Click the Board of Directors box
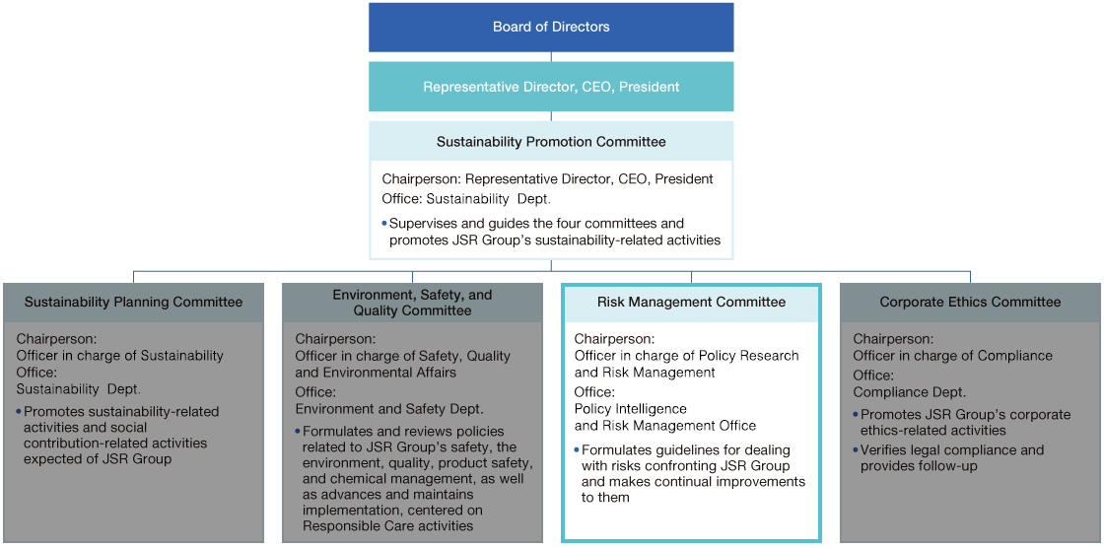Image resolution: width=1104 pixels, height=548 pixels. coord(551,27)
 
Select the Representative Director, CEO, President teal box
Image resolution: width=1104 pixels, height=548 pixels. coord(551,87)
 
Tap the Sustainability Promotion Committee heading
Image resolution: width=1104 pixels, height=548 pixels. coord(551,142)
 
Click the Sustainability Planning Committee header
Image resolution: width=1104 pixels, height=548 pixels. coord(133,303)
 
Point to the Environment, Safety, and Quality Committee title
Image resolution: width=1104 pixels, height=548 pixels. coord(412,303)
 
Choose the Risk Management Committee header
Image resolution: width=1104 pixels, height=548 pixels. coord(691,303)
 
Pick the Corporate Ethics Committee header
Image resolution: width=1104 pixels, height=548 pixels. coord(970,303)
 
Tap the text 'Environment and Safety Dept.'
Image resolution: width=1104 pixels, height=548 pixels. coord(389,408)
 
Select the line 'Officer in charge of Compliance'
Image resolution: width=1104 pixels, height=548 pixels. coord(952,356)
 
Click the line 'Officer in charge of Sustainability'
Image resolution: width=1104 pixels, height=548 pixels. coord(120,356)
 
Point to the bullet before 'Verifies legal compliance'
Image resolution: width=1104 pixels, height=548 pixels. coord(856,450)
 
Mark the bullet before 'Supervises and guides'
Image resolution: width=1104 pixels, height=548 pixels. coord(384,224)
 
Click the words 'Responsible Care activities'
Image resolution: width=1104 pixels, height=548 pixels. coord(387,525)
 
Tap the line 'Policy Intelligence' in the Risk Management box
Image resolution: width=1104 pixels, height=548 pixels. coord(630,409)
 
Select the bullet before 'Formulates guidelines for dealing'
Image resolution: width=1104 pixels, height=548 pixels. coord(577,450)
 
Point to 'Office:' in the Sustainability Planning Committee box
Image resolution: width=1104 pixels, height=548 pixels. coord(37,373)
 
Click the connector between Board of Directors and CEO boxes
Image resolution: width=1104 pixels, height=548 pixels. coord(551,57)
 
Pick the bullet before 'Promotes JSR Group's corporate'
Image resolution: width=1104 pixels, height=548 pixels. coord(856,415)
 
